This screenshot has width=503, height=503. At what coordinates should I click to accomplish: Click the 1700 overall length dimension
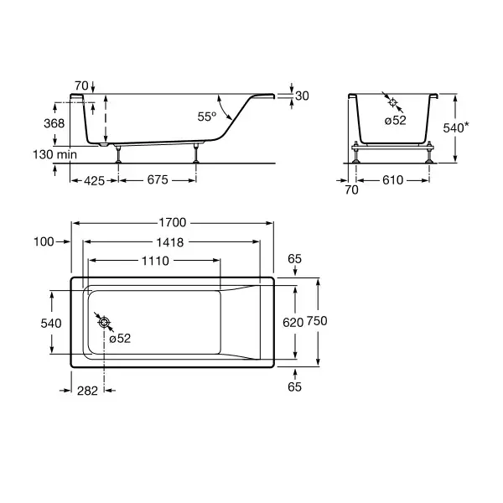173,222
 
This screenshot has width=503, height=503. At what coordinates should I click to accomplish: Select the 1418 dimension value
170,242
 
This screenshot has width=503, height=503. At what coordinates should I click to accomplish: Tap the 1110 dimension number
156,261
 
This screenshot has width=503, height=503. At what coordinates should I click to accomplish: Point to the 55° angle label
207,117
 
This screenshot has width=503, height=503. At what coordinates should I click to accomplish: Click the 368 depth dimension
54,123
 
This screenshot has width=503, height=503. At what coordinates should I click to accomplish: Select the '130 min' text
54,154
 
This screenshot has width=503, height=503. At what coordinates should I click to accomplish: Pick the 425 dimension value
94,181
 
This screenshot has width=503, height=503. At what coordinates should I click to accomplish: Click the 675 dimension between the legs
158,179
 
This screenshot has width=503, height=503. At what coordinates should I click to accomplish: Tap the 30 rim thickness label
302,96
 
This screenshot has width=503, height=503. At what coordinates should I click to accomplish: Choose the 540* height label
456,127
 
